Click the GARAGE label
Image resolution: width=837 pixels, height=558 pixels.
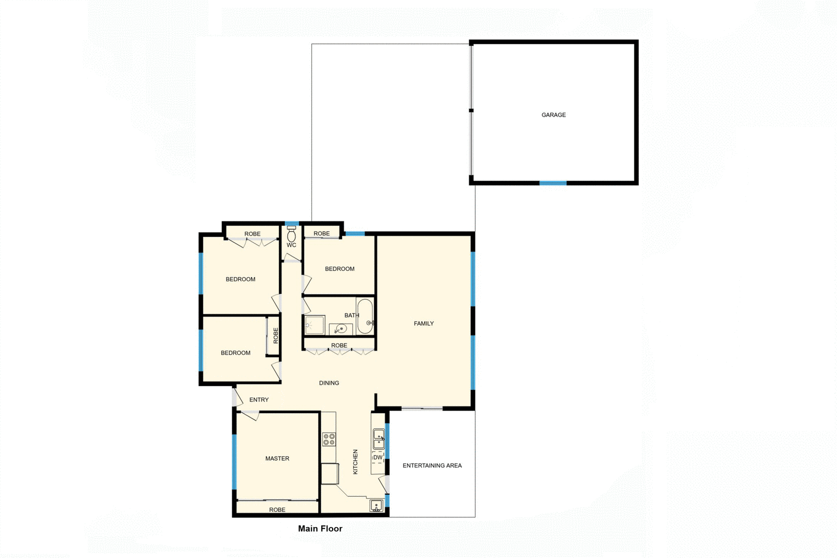coord(553,115)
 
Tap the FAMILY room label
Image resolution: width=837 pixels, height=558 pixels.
coord(424,324)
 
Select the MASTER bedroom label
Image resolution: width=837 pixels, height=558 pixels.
coord(277,459)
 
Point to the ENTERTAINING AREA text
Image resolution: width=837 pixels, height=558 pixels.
coord(432,465)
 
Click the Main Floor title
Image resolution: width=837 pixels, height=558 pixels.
coord(320,529)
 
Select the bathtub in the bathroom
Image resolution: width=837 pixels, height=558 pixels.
coord(365,315)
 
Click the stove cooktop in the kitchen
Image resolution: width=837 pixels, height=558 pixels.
coord(329,439)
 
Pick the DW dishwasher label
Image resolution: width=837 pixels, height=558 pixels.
coord(378,458)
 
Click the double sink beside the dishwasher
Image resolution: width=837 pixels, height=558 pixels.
coord(378,439)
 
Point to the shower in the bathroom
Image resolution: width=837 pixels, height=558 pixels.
coord(314,325)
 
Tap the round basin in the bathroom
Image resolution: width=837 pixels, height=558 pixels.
coord(341,329)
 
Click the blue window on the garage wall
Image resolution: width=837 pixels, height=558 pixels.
coord(553,183)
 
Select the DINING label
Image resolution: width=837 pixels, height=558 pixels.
coord(329,383)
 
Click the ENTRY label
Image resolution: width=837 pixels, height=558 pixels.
coord(259,400)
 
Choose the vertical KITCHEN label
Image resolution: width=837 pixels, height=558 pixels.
coord(356,462)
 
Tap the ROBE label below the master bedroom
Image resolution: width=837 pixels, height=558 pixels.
coord(277,510)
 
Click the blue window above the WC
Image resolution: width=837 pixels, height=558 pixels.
coord(291,224)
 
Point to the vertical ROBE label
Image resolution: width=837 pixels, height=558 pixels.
coord(276,335)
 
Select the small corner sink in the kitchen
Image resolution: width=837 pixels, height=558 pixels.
coord(376,506)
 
